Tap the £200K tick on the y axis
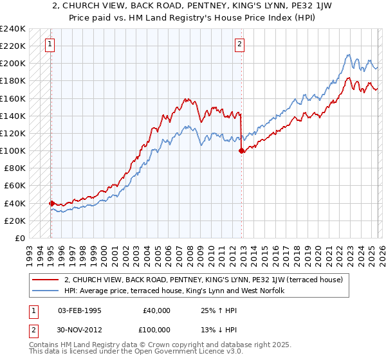point(13,64)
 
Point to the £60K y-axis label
point(15,186)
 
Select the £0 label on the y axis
point(20,238)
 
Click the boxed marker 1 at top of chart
point(50,44)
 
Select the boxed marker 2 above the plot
point(239,44)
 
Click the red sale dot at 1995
point(51,203)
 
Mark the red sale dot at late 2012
point(242,151)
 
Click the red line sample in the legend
point(46,280)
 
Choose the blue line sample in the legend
point(46,291)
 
